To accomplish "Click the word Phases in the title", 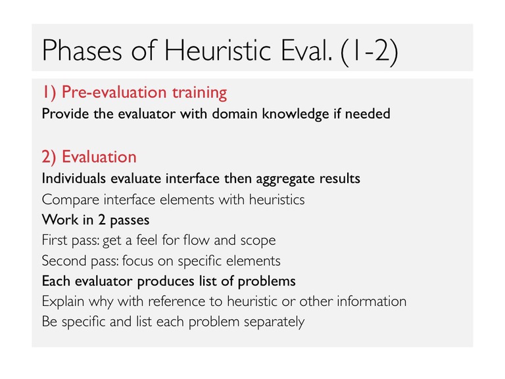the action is (x=82, y=50).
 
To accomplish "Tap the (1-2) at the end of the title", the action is (x=370, y=51).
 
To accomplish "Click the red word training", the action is (x=199, y=93).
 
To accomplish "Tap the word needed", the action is (x=368, y=114).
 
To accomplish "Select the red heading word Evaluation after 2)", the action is (x=99, y=157).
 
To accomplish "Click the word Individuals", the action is (x=74, y=178).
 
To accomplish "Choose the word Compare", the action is (x=70, y=200).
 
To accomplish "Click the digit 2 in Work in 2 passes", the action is (x=102, y=220).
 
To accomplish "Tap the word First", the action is (x=55, y=240).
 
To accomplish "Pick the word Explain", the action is (x=63, y=301).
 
